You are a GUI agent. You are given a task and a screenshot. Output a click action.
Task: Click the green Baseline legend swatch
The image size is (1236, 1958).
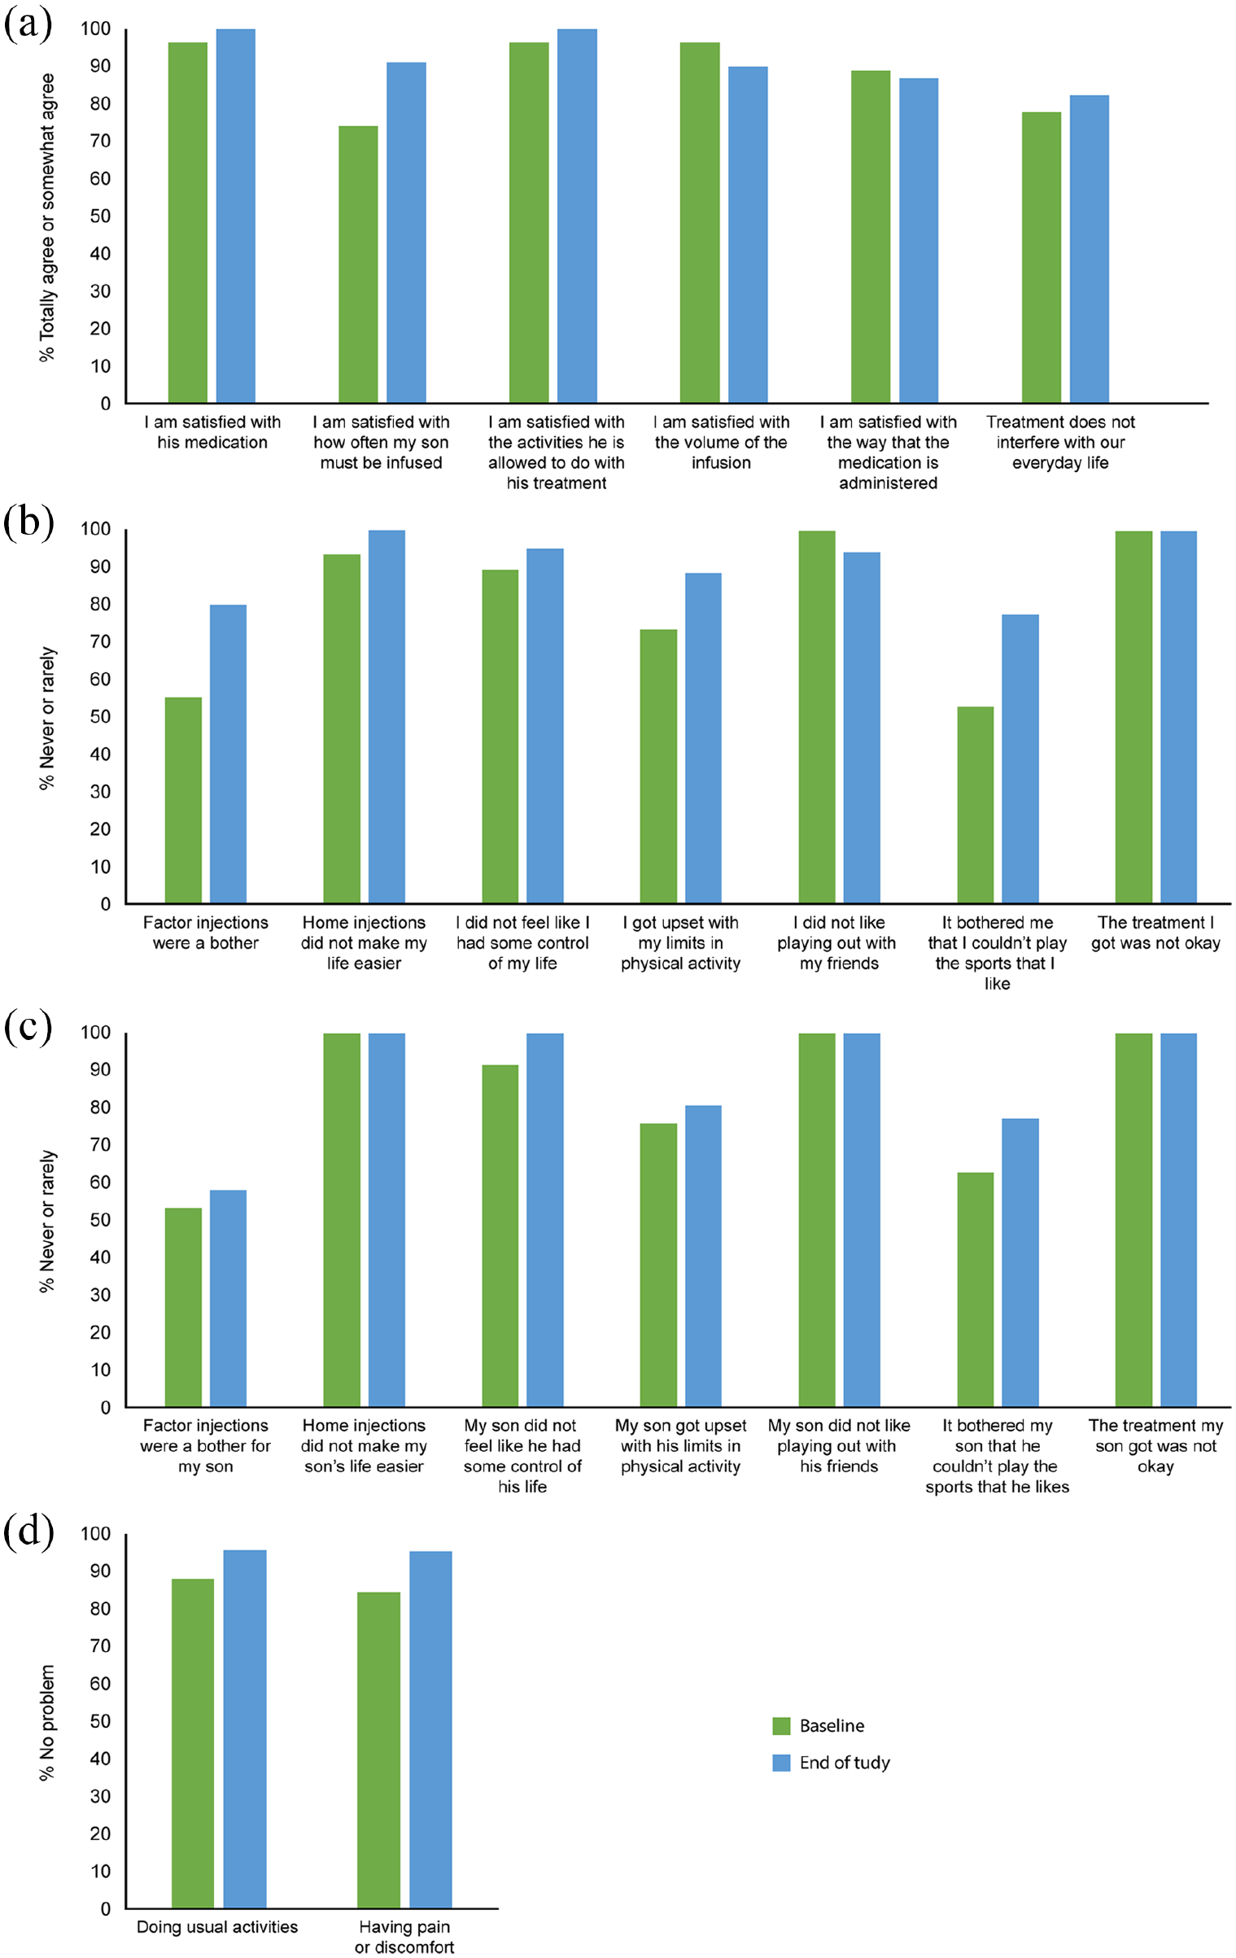coord(781,1725)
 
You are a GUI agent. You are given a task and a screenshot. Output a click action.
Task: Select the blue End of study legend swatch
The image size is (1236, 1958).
coord(781,1762)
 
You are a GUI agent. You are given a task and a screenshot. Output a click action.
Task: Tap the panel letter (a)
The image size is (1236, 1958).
coord(28,24)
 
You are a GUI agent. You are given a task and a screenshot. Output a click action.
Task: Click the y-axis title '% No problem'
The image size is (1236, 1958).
coord(47,1722)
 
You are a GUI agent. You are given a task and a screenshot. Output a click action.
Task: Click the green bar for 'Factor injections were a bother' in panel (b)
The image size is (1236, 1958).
coord(183,800)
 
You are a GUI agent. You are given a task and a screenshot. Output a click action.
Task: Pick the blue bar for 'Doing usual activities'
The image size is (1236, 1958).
coord(245,1729)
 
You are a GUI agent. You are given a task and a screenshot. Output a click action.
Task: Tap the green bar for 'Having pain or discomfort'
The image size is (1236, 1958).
coord(378,1750)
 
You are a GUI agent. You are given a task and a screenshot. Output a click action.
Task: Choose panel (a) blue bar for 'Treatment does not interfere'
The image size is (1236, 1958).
coord(1089,249)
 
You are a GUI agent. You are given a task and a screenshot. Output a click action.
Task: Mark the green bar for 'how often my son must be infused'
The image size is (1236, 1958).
coord(358,264)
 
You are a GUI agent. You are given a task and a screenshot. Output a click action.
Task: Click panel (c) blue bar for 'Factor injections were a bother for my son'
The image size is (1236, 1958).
coord(228,1298)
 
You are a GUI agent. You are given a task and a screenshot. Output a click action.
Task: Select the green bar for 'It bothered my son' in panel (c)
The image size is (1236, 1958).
coord(975,1289)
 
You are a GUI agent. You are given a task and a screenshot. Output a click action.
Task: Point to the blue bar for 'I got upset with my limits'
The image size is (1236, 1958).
coord(703,738)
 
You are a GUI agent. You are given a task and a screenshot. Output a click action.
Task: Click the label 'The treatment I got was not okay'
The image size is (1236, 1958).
coord(1155,933)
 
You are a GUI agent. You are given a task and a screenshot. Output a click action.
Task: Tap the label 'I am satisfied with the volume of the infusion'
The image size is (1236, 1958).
coord(721,442)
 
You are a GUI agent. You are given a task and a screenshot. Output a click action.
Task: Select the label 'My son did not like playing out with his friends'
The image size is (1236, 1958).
coord(839,1445)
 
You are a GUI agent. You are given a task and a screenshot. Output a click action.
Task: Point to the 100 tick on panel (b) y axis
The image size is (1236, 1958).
coord(95,529)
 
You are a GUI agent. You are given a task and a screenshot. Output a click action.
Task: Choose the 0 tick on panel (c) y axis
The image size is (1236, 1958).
coord(105,1407)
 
